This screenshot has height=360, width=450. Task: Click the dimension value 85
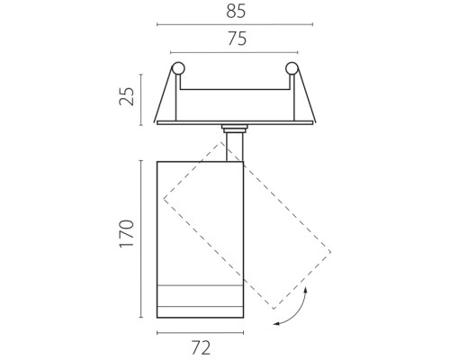[x=236, y=12]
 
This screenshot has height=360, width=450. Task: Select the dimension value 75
[x=238, y=39]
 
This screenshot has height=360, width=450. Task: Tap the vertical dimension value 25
[x=127, y=96]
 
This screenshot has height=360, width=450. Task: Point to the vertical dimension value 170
[x=127, y=234]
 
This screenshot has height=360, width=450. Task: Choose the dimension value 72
[x=201, y=348]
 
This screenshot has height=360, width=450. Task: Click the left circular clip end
[x=178, y=68]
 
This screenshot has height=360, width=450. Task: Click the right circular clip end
[x=292, y=68]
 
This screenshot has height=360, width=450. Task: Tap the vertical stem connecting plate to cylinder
[x=235, y=147]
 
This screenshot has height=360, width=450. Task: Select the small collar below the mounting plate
[x=235, y=129]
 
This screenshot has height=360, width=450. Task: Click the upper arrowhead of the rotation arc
[x=306, y=289]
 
